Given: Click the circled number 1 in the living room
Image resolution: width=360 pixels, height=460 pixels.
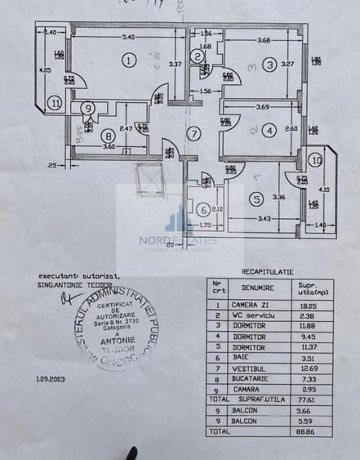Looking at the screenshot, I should tap(128, 59).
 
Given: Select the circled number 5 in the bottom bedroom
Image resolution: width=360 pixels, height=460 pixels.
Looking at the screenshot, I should tap(257, 199).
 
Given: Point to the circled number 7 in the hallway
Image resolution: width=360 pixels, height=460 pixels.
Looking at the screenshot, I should tap(193, 133).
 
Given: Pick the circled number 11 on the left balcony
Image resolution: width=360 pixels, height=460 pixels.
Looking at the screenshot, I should tap(55, 104).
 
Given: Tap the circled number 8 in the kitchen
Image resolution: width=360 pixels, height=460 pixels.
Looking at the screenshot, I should tap(109, 136).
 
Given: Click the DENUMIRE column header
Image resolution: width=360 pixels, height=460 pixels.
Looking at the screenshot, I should tap(258, 288).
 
